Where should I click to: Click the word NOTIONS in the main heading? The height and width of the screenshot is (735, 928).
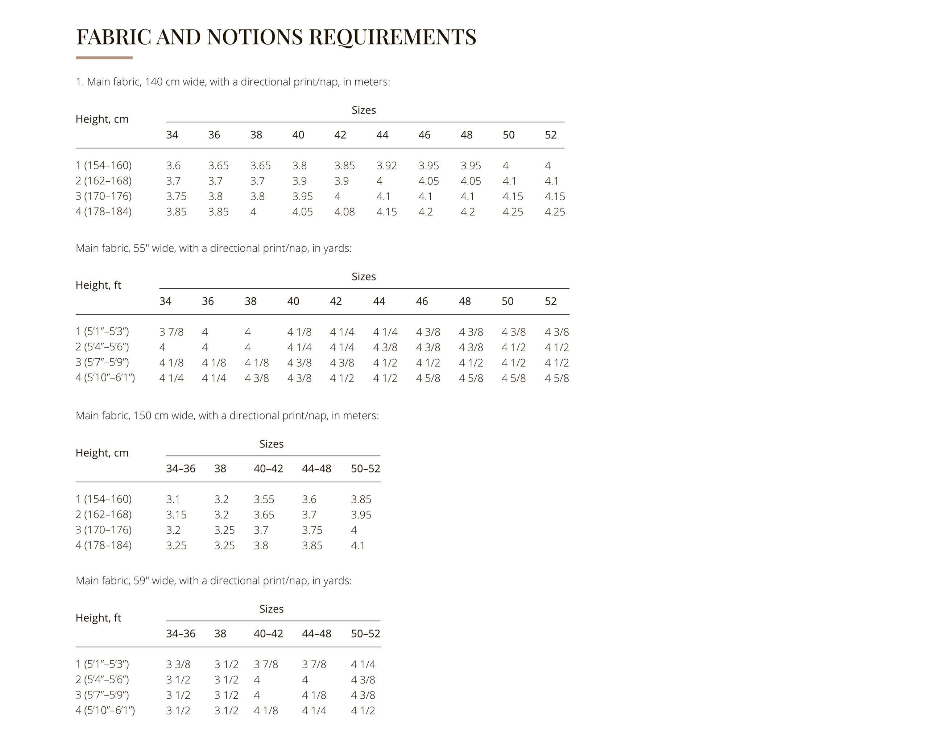pyautogui.click(x=255, y=37)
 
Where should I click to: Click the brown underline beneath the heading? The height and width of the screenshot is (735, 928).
pyautogui.click(x=104, y=58)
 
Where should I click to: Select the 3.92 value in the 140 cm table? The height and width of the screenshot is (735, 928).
pyautogui.click(x=386, y=166)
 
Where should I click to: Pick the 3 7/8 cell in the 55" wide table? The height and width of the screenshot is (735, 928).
pyautogui.click(x=171, y=332)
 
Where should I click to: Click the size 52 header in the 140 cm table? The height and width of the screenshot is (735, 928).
pyautogui.click(x=550, y=135)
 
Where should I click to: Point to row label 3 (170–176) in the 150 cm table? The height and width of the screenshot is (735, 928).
pyautogui.click(x=104, y=530)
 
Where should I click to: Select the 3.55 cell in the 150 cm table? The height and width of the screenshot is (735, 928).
pyautogui.click(x=264, y=499)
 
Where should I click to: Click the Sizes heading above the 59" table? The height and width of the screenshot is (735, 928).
pyautogui.click(x=272, y=609)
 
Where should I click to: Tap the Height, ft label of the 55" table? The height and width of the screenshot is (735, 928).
pyautogui.click(x=99, y=285)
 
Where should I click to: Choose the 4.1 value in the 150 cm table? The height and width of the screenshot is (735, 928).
pyautogui.click(x=357, y=546)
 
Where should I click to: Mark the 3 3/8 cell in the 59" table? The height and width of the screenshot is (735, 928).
pyautogui.click(x=178, y=664)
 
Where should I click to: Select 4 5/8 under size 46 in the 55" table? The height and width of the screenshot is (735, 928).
pyautogui.click(x=428, y=378)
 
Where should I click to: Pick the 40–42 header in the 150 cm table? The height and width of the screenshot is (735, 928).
pyautogui.click(x=268, y=468)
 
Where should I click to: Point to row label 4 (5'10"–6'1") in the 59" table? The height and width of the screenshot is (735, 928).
pyautogui.click(x=105, y=710)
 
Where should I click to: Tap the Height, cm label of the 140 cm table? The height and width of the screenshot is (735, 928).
pyautogui.click(x=102, y=119)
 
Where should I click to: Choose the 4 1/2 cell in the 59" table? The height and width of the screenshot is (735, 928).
pyautogui.click(x=363, y=710)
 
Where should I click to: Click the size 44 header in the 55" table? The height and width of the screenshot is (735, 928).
pyautogui.click(x=378, y=301)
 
